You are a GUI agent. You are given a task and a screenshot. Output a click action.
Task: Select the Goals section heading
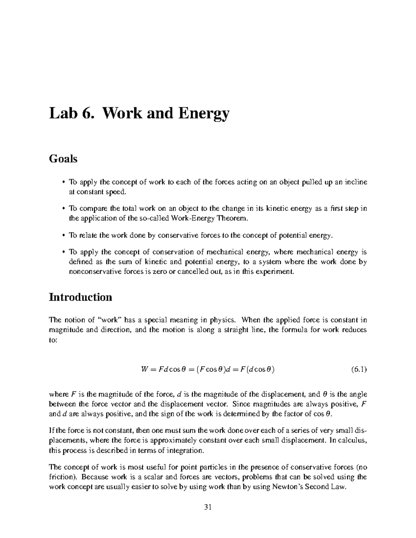(x=63, y=159)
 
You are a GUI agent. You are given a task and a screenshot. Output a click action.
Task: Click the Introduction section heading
(x=80, y=297)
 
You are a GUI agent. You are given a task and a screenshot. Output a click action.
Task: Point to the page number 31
(x=208, y=508)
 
